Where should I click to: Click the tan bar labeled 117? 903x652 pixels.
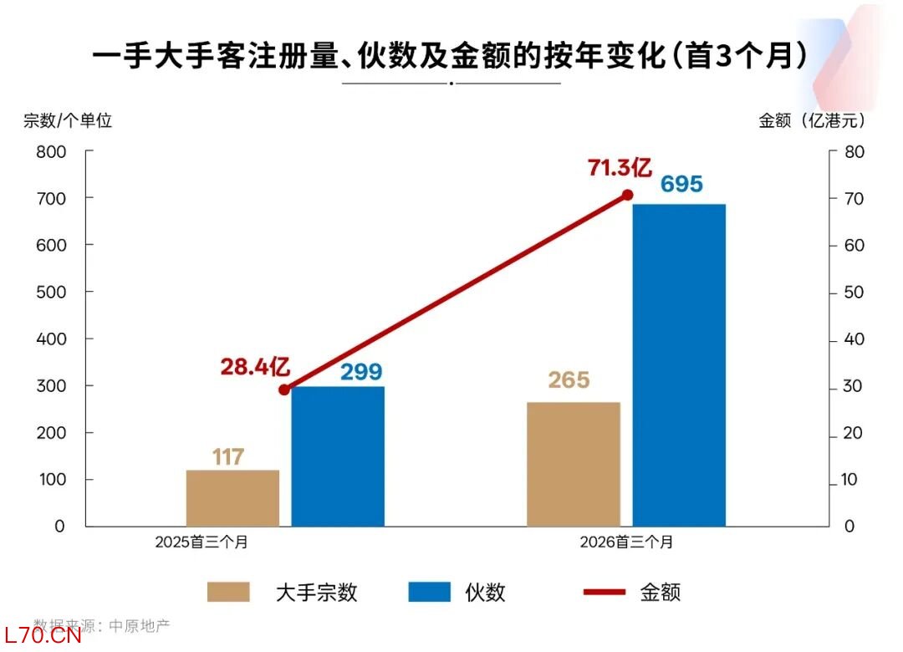[232, 498]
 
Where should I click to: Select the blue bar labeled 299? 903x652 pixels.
[338, 456]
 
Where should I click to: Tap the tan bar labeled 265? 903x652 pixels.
[574, 464]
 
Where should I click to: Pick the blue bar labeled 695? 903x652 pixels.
[679, 365]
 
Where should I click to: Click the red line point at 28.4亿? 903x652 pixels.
[284, 390]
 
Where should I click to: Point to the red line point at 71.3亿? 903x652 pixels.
[627, 196]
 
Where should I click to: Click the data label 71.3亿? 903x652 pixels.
[619, 168]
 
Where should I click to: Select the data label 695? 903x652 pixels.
[681, 184]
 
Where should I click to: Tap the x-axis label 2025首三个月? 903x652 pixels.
[202, 542]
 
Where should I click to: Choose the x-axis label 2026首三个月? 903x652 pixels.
[626, 542]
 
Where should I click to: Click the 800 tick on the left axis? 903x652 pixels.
[51, 152]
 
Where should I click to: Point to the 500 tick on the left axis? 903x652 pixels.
[51, 293]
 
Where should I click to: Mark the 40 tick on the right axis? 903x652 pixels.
[854, 340]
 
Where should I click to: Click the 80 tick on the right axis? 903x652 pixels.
[854, 152]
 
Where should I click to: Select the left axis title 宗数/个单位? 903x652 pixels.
[68, 120]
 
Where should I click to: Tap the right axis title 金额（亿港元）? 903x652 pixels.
[812, 120]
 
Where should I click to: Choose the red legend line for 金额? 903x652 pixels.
[604, 592]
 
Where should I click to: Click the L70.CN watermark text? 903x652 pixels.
[42, 636]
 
